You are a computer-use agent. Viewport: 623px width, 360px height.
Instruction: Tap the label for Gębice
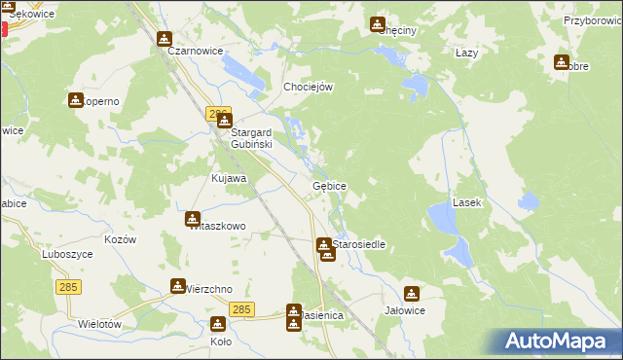click(x=329, y=185)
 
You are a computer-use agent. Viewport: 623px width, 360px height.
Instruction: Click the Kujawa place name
click(x=229, y=179)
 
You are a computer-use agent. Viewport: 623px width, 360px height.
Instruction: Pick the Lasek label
click(x=467, y=202)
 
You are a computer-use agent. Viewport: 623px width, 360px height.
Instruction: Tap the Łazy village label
click(x=466, y=53)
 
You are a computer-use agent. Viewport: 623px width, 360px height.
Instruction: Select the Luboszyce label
click(x=66, y=252)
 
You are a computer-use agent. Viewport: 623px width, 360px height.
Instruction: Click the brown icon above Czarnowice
click(x=164, y=39)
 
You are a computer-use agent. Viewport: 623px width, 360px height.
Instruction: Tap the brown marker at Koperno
click(x=76, y=100)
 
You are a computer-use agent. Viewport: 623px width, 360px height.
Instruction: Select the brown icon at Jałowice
click(x=412, y=293)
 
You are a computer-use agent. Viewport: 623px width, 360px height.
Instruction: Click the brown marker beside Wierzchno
click(x=177, y=286)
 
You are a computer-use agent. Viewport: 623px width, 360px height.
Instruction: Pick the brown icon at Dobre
click(x=561, y=62)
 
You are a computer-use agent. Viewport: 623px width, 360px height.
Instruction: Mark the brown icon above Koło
click(x=218, y=325)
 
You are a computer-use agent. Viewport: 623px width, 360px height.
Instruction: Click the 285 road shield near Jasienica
click(x=242, y=309)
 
